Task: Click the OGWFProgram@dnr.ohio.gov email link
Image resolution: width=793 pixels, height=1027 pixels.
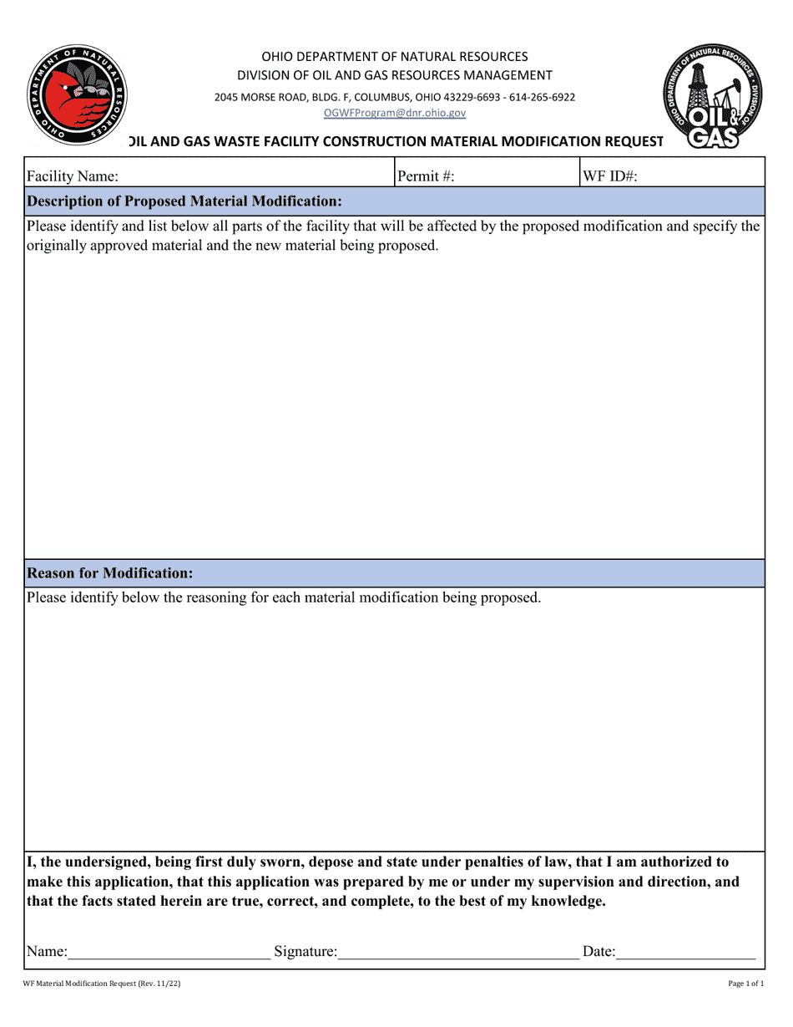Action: pyautogui.click(x=395, y=113)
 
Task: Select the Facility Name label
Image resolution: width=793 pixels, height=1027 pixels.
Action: pyautogui.click(x=73, y=176)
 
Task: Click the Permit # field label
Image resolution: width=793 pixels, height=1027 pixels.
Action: pyautogui.click(x=426, y=176)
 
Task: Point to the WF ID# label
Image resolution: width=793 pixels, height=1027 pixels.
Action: pyautogui.click(x=610, y=176)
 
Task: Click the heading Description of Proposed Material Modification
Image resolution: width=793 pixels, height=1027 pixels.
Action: pyautogui.click(x=184, y=201)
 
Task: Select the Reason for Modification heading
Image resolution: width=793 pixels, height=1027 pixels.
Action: pyautogui.click(x=110, y=573)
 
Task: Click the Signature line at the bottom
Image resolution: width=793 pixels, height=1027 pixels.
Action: pyautogui.click(x=458, y=951)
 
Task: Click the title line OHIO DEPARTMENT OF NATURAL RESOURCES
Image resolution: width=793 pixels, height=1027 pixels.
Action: pyautogui.click(x=395, y=57)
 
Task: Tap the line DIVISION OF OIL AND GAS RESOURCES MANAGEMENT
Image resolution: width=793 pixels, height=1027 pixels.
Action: pyautogui.click(x=395, y=76)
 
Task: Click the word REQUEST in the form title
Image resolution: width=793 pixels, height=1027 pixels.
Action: pyautogui.click(x=629, y=141)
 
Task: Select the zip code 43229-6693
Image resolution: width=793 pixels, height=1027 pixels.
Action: pyautogui.click(x=468, y=97)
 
